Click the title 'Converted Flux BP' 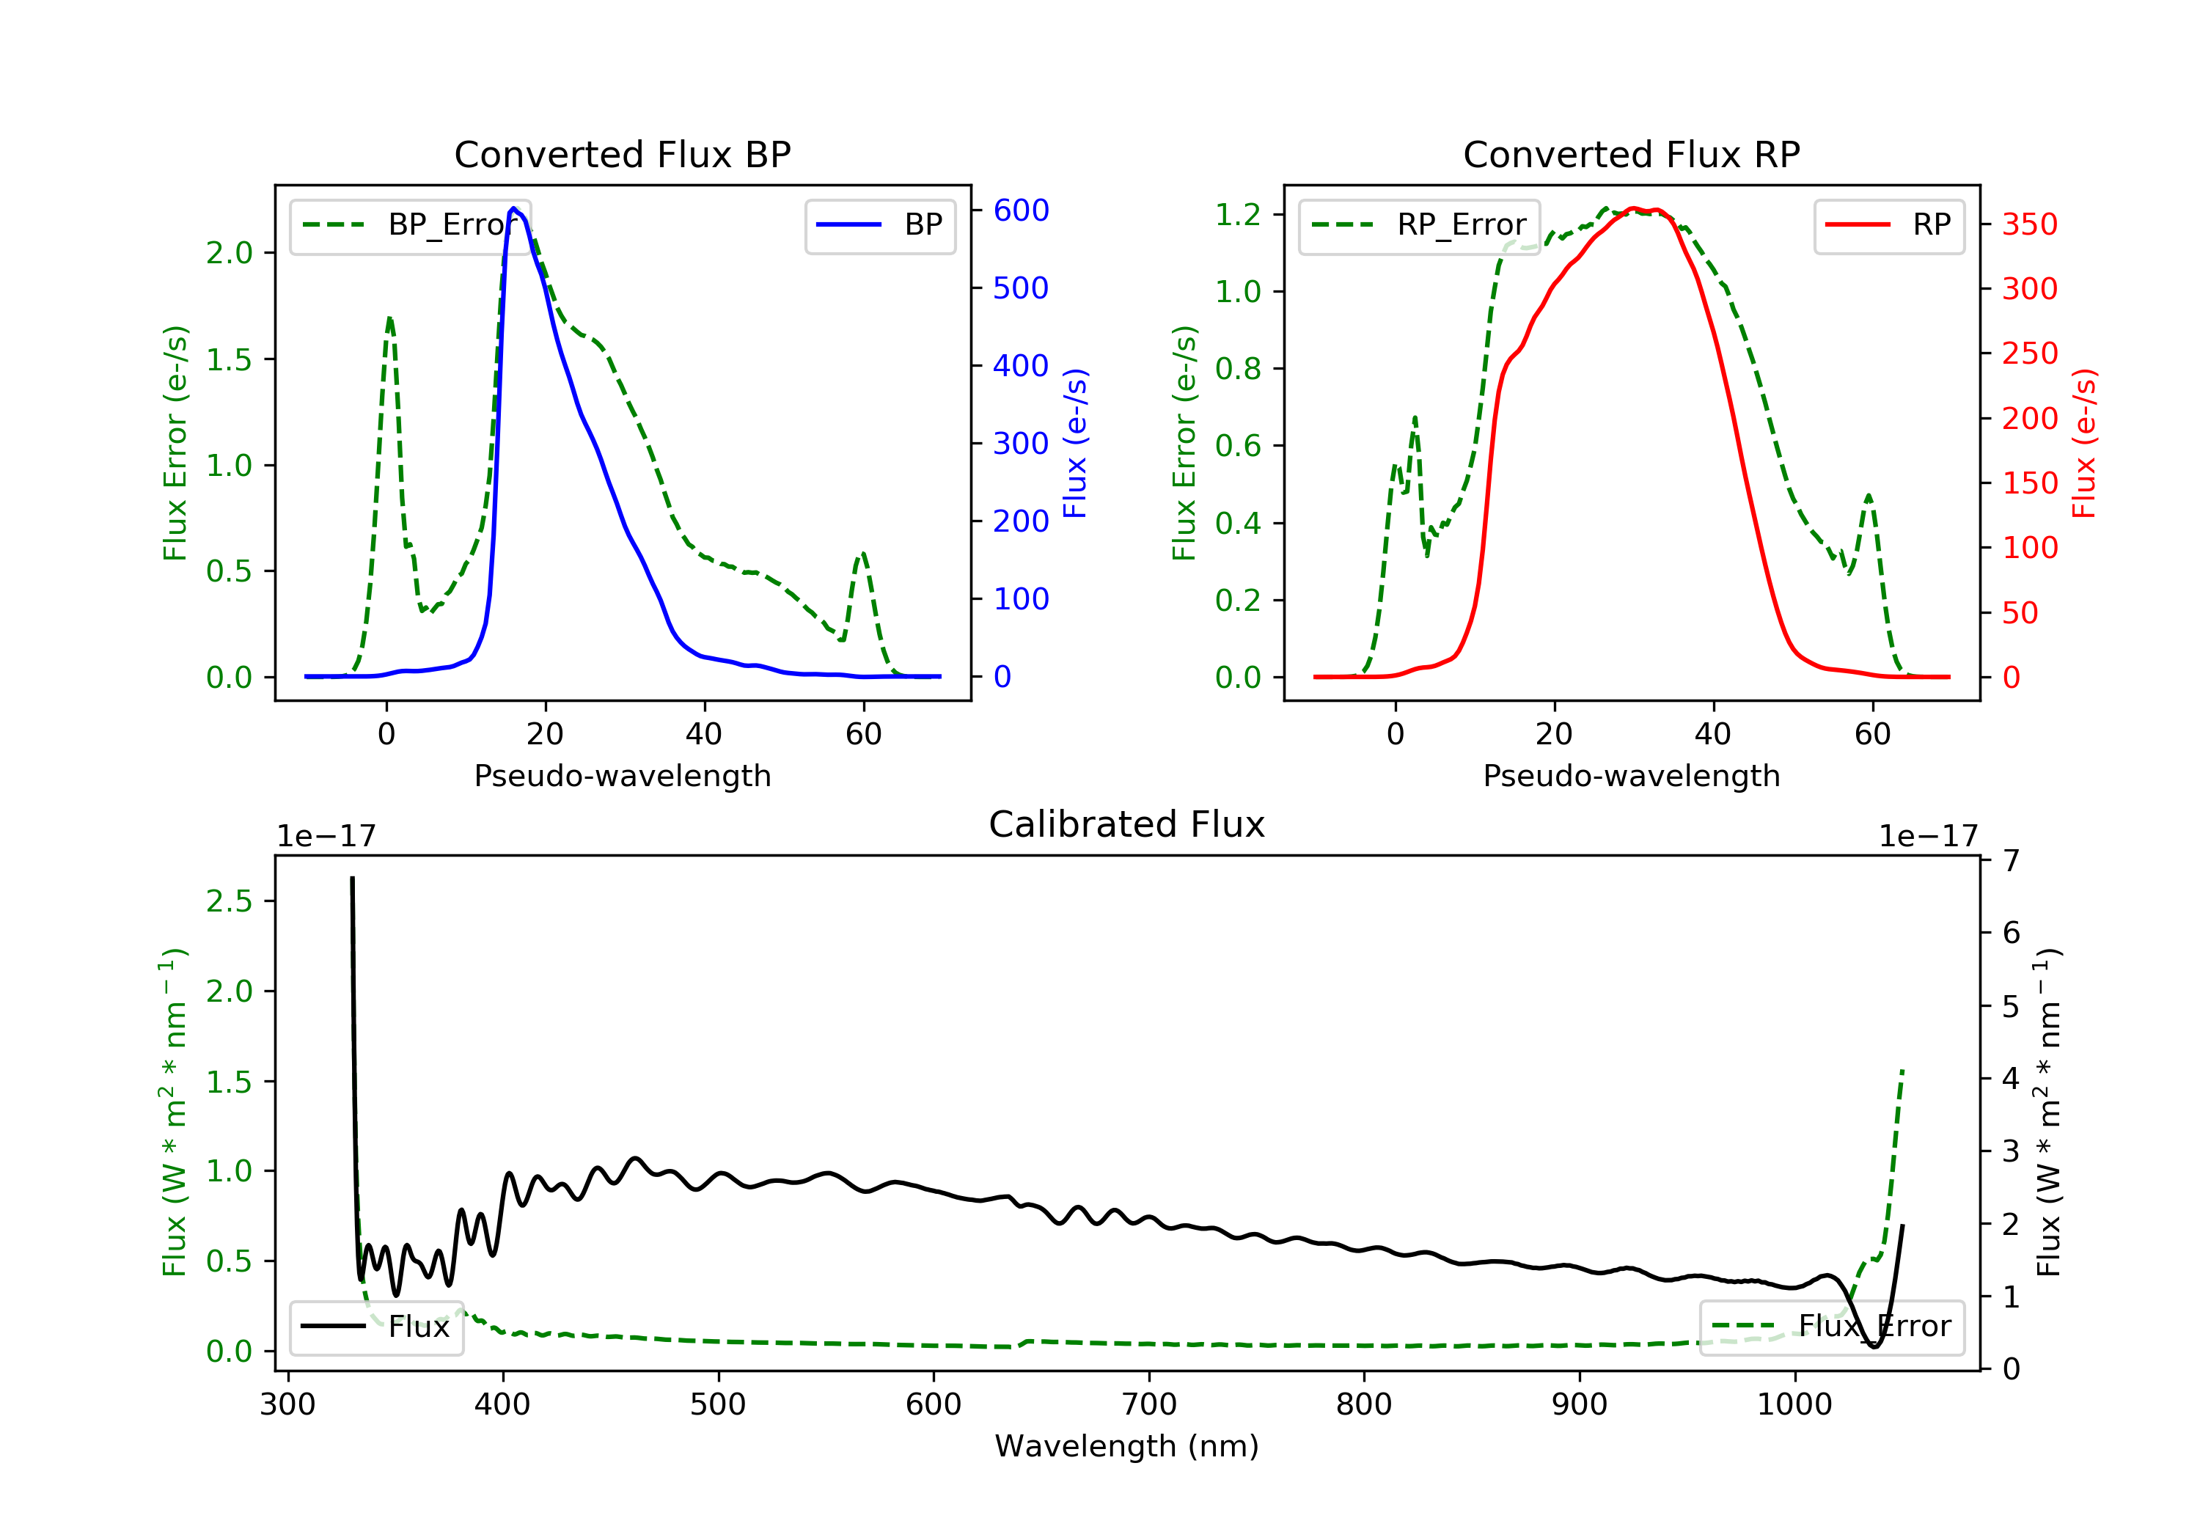tap(622, 154)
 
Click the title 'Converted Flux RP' tap(1631, 154)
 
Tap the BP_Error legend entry tap(410, 225)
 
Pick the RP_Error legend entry tap(1419, 225)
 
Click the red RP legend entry tap(1888, 225)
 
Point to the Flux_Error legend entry tap(1831, 1327)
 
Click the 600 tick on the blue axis tap(1021, 210)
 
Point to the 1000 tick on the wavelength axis tap(1794, 1405)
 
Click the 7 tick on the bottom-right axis tap(2012, 860)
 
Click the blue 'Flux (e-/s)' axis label tap(1076, 443)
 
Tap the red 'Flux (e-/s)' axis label tap(2084, 443)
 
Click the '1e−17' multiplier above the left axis tap(326, 837)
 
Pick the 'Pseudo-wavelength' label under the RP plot tap(1631, 775)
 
